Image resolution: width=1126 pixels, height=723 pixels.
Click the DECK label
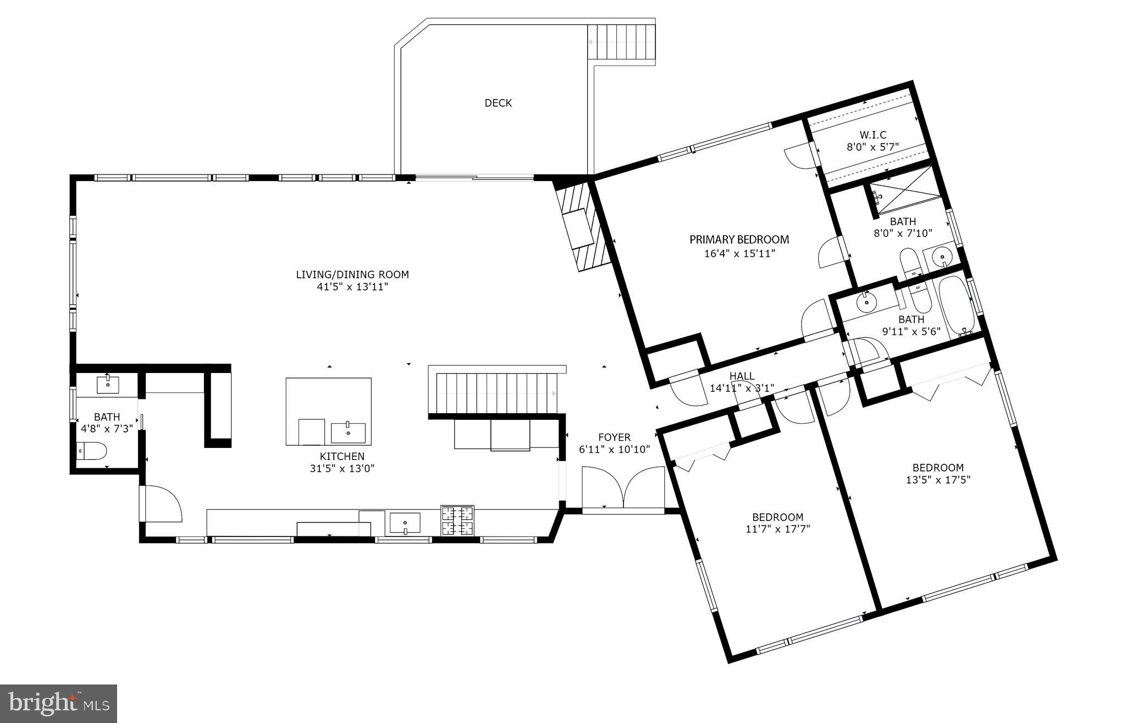[498, 103]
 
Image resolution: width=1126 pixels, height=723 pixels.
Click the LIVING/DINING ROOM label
[352, 275]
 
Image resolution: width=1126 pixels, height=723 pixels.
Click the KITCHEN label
[342, 456]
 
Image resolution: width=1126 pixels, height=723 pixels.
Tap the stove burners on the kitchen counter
[457, 521]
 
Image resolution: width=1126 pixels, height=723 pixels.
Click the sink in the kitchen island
[348, 433]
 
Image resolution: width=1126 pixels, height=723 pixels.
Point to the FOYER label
[614, 437]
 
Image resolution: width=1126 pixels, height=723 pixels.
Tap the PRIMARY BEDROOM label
[739, 239]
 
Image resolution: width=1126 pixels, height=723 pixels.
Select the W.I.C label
[873, 135]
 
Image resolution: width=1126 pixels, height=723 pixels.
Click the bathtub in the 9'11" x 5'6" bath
[954, 305]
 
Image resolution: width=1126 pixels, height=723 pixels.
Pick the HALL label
[742, 376]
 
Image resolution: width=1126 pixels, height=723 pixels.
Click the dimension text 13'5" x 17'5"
[938, 480]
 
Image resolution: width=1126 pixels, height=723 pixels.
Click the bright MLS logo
[58, 703]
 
